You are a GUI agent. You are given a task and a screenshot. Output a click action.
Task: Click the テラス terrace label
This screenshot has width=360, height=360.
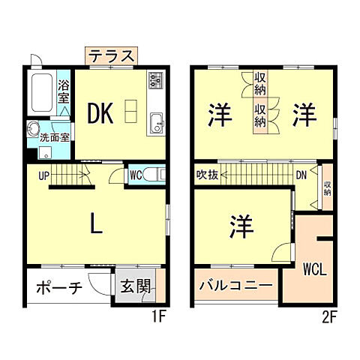(111, 56)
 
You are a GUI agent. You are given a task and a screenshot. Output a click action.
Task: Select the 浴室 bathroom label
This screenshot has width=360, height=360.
(64, 91)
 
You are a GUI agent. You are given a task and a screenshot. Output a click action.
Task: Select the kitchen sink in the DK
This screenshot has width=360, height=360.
(157, 122)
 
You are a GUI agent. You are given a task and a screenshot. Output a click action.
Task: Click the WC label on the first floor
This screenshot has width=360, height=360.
(135, 175)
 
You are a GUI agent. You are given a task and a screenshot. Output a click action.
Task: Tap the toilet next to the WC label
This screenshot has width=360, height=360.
(153, 175)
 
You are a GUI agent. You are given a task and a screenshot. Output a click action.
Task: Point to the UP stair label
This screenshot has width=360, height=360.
(44, 175)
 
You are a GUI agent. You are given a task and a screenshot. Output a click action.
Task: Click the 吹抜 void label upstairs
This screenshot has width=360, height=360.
(208, 176)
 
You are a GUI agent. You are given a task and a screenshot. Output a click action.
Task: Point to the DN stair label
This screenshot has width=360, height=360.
(300, 176)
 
